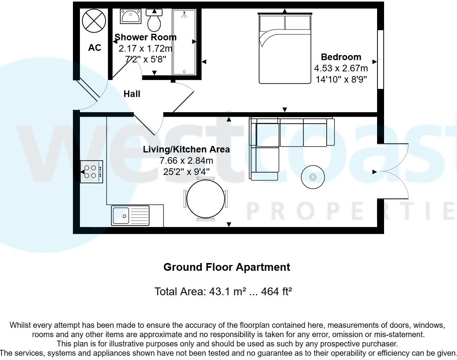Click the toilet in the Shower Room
pyautogui.click(x=154, y=21)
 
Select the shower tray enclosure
pyautogui.click(x=184, y=42)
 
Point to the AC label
pyautogui.click(x=95, y=48)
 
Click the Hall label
pyautogui.click(x=132, y=94)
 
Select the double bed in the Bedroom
pyautogui.click(x=285, y=48)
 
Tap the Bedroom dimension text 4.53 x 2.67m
pyautogui.click(x=341, y=69)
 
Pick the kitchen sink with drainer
pyautogui.click(x=130, y=215)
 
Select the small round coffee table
pyautogui.click(x=313, y=177)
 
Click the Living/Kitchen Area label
pyautogui.click(x=186, y=149)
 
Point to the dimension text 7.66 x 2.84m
pyautogui.click(x=186, y=160)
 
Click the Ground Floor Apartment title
pyautogui.click(x=227, y=267)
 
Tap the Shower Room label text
pyautogui.click(x=145, y=37)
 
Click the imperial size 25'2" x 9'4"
pyautogui.click(x=186, y=171)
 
